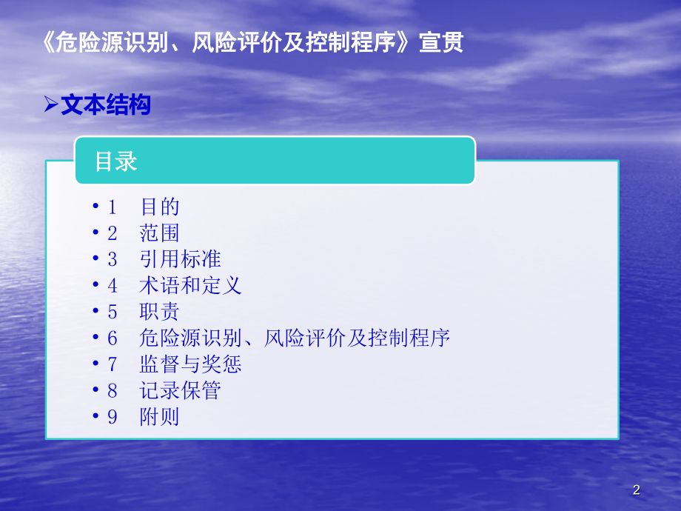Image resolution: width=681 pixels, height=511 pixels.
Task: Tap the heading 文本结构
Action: pos(105,105)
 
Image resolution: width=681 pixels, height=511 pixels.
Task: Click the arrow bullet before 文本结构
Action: pos(51,106)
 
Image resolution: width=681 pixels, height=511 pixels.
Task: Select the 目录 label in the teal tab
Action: pos(116,161)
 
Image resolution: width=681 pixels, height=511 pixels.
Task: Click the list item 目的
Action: pos(160,207)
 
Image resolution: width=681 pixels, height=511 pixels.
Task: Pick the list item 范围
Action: pos(160,233)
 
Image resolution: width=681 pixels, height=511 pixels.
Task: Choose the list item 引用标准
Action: pos(180,259)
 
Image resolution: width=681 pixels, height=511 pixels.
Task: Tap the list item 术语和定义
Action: pos(190,286)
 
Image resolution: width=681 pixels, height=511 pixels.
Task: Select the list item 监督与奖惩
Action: pos(190,364)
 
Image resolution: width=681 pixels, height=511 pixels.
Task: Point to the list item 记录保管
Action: pos(180,390)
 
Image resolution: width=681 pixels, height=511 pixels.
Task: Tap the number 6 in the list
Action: pos(113,338)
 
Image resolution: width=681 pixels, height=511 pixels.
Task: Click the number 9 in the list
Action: pos(113,417)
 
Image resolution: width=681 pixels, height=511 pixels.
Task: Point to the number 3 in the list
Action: pos(113,259)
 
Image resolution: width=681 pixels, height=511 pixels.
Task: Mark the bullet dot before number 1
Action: pos(96,207)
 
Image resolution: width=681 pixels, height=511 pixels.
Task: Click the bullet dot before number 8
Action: pos(96,390)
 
